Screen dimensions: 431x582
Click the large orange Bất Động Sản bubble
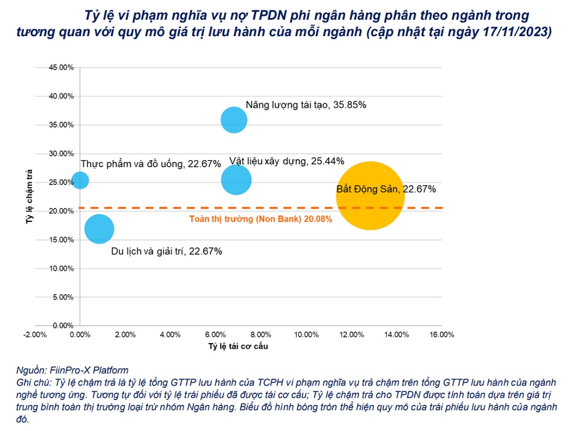(370, 196)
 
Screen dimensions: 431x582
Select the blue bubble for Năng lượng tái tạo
(234, 120)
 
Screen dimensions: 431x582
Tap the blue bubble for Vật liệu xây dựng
(236, 180)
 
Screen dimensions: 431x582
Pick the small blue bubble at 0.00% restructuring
(80, 181)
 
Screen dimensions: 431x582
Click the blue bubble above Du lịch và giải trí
(99, 229)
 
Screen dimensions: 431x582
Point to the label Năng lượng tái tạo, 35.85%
(306, 105)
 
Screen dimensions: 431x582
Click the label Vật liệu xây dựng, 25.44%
(286, 161)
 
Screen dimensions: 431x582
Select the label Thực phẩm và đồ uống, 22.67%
(150, 164)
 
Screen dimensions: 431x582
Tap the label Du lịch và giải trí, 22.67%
(166, 252)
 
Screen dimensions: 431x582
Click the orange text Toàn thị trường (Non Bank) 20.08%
(261, 219)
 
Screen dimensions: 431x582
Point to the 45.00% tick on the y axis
(61, 68)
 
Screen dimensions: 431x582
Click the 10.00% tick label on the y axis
(61, 269)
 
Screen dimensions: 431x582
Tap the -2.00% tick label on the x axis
(34, 335)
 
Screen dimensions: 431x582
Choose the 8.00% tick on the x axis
(261, 335)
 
